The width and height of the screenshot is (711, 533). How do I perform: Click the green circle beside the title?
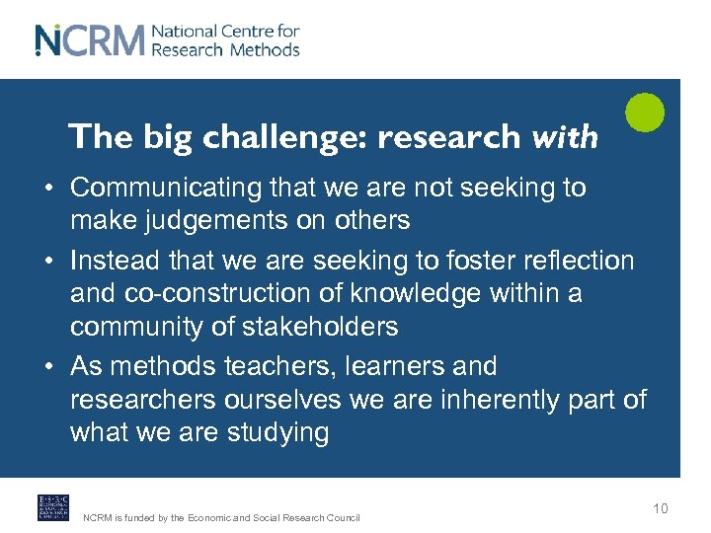646,112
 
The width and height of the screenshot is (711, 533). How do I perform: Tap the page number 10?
660,508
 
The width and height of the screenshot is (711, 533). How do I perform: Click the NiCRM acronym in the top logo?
89,40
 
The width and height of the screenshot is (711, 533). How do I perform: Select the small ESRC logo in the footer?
53,507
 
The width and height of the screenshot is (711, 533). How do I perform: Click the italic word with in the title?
565,137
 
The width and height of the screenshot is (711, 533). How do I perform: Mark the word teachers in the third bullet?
278,366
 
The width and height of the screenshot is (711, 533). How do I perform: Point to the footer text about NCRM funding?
221,517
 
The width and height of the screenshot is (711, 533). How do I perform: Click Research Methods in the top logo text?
225,49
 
